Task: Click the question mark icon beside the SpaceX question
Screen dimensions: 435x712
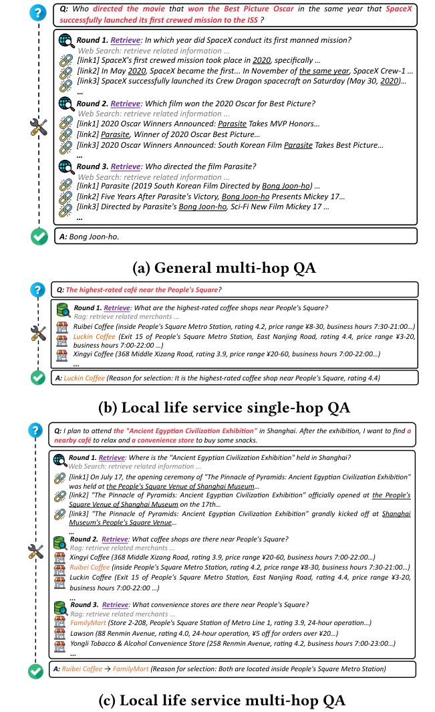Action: [39, 11]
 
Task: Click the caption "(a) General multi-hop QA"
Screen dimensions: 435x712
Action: [217, 268]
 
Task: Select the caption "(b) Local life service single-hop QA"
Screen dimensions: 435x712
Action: [217, 406]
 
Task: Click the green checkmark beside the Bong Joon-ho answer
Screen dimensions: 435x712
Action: [39, 237]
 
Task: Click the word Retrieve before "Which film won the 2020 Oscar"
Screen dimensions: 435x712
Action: [126, 104]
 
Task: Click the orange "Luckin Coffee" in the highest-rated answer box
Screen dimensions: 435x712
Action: [86, 378]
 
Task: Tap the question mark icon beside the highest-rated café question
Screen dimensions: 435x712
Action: [39, 289]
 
